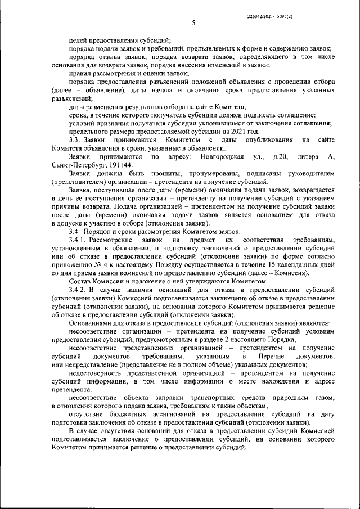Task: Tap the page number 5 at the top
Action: coord(192,24)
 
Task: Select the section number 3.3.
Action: coord(75,139)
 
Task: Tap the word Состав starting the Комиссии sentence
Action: coord(79,282)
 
